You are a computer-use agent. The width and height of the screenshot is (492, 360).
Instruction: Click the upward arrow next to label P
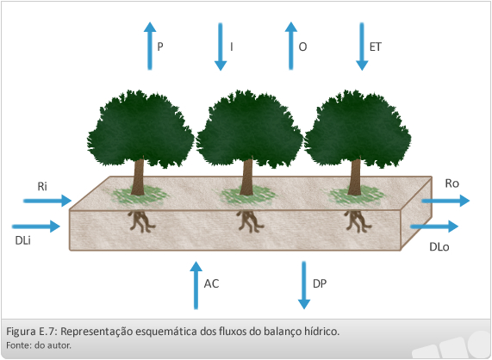click(150, 46)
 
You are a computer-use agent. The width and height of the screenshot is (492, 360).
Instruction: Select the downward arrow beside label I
click(221, 47)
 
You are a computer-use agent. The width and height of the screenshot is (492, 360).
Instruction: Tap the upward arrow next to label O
click(291, 46)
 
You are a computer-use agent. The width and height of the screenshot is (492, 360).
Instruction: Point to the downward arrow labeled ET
click(362, 47)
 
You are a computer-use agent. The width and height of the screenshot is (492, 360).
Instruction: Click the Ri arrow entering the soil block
click(47, 201)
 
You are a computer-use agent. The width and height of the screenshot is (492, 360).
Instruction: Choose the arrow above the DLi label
click(36, 227)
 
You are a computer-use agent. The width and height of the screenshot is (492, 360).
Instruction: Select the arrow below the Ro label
click(445, 201)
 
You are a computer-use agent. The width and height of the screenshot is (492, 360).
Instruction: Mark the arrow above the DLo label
click(434, 227)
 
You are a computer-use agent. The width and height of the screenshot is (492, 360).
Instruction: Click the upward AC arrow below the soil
click(196, 285)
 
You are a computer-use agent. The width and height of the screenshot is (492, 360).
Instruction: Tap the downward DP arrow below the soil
click(304, 285)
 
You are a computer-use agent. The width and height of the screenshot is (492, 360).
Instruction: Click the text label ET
click(376, 47)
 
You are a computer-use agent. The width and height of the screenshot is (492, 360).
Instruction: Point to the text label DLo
click(439, 247)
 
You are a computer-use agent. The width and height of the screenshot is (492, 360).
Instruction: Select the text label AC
click(211, 283)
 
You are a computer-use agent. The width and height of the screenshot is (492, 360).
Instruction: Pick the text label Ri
click(42, 186)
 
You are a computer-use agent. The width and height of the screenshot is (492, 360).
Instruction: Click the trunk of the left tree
click(138, 177)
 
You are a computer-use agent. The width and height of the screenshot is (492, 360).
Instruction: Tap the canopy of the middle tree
click(250, 128)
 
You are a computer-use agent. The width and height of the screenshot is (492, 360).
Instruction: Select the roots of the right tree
click(357, 221)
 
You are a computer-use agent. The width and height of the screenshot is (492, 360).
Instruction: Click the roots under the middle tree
click(250, 221)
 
